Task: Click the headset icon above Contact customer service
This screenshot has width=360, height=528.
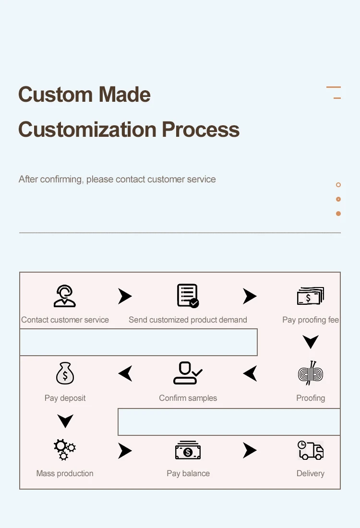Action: click(x=65, y=296)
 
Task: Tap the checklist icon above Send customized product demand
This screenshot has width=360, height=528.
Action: click(x=188, y=296)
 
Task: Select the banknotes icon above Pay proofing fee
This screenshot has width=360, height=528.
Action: click(x=311, y=296)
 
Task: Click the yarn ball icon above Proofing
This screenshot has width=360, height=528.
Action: click(x=311, y=373)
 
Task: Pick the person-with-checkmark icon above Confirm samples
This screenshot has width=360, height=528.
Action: click(x=188, y=373)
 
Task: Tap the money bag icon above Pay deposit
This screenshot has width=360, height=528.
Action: click(x=65, y=373)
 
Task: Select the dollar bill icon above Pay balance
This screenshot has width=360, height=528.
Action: click(x=188, y=451)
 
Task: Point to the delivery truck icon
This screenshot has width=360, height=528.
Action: click(x=311, y=450)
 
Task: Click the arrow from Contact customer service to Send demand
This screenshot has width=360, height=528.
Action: click(x=125, y=296)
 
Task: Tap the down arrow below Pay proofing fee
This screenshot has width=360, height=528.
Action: click(x=311, y=342)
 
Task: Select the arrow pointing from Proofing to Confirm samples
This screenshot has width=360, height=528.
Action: click(x=250, y=373)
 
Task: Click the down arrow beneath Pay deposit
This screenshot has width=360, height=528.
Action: click(x=65, y=421)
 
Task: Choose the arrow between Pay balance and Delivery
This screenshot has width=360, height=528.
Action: click(x=250, y=450)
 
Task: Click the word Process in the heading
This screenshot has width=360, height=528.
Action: click(x=201, y=130)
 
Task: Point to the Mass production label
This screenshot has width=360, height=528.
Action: click(x=65, y=473)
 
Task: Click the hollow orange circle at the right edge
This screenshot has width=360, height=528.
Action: click(x=338, y=185)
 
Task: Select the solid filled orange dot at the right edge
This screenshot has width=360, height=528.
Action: click(x=338, y=214)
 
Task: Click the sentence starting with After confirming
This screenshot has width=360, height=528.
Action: click(x=117, y=180)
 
